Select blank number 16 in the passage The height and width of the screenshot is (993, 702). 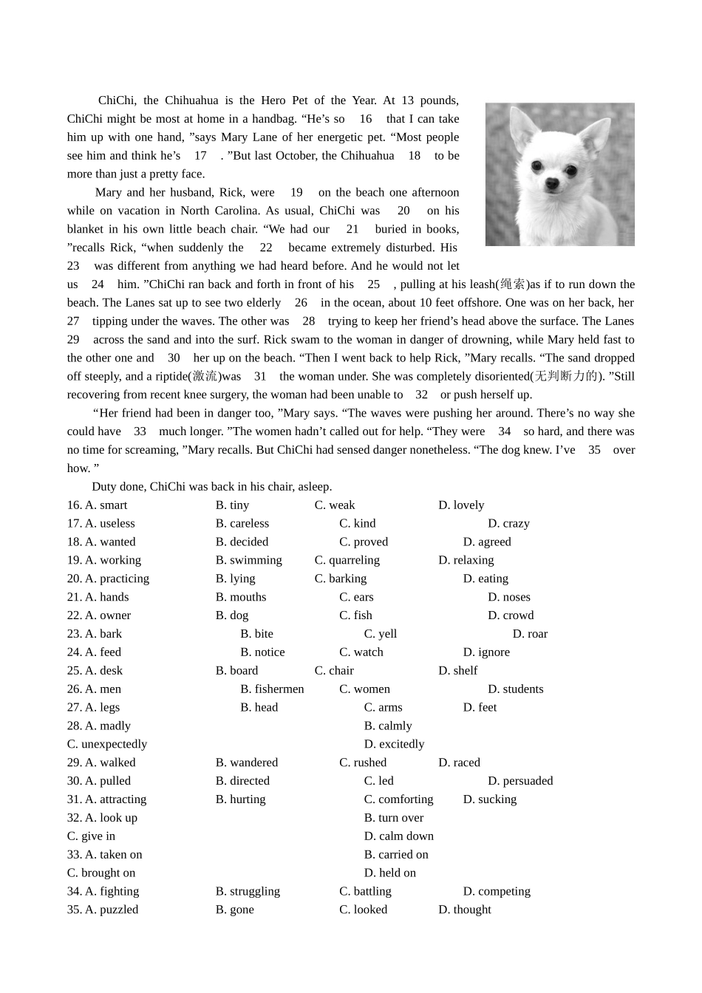(x=366, y=119)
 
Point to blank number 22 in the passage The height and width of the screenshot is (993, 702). (x=266, y=248)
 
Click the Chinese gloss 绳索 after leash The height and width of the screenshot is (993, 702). (x=512, y=284)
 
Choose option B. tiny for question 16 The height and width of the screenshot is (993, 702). (x=232, y=505)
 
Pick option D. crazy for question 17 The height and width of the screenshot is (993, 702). (x=508, y=524)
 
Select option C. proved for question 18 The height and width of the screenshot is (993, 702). (x=364, y=542)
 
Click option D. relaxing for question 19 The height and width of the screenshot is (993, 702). (x=466, y=561)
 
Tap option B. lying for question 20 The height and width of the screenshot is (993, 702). (x=235, y=579)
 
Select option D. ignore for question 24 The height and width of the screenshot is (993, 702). (x=486, y=652)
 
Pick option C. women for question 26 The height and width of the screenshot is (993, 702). (x=364, y=689)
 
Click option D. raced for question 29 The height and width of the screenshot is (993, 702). (x=459, y=762)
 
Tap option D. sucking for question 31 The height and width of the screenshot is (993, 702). (x=490, y=799)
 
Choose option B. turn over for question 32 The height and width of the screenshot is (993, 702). (x=394, y=818)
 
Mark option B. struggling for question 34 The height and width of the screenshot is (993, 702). (x=248, y=892)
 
